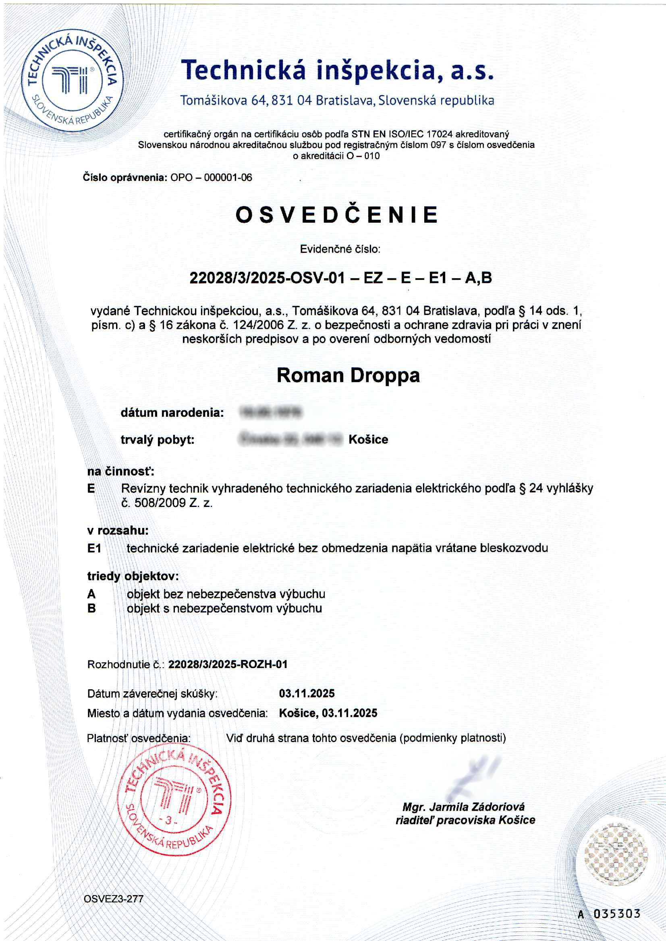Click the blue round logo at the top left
pyautogui.click(x=72, y=81)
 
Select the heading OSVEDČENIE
pyautogui.click(x=337, y=214)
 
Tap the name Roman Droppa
pyautogui.click(x=348, y=375)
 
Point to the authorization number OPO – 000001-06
pyautogui.click(x=211, y=178)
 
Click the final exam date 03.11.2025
pyautogui.click(x=307, y=693)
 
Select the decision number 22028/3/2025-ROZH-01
pyautogui.click(x=228, y=664)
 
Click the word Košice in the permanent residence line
pyautogui.click(x=368, y=439)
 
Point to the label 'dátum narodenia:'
pyautogui.click(x=172, y=412)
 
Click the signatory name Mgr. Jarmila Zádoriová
pyautogui.click(x=463, y=807)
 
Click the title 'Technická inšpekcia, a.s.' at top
pyautogui.click(x=338, y=70)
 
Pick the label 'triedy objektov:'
pyautogui.click(x=133, y=576)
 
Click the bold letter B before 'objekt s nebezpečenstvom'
pyautogui.click(x=91, y=608)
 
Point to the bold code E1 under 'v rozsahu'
pyautogui.click(x=94, y=548)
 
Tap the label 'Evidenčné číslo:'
pyautogui.click(x=340, y=249)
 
